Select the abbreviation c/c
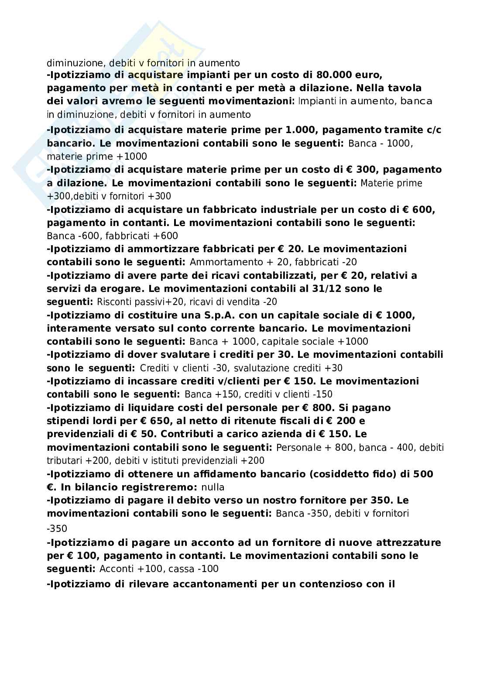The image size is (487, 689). [433, 130]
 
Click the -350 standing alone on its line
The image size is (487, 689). [57, 529]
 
